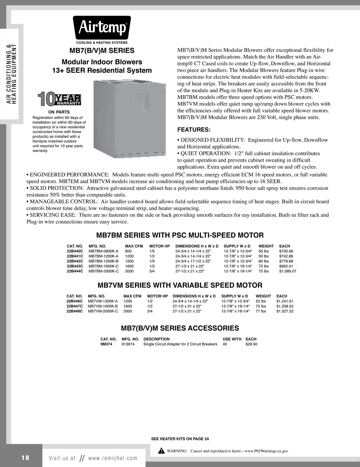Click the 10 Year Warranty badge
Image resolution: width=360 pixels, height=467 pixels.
pyautogui.click(x=59, y=100)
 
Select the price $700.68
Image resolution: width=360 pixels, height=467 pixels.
pyautogui.click(x=286, y=251)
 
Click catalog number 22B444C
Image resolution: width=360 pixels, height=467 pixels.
pyautogui.click(x=75, y=271)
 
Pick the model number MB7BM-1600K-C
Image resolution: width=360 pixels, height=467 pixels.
pyautogui.click(x=103, y=266)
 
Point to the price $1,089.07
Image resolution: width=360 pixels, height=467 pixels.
pyautogui.click(x=287, y=271)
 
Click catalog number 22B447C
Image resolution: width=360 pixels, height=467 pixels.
pyautogui.click(x=74, y=306)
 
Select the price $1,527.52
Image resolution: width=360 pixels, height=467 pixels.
pyautogui.click(x=285, y=311)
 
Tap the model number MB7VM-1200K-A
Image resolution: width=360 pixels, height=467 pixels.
pyautogui.click(x=103, y=301)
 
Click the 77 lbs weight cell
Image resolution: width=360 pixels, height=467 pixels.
pyautogui.click(x=261, y=311)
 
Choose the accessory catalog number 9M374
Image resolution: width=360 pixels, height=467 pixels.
pyautogui.click(x=106, y=344)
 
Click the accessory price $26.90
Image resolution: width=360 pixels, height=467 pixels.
pyautogui.click(x=251, y=344)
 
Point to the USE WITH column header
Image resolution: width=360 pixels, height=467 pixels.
pyautogui.click(x=232, y=339)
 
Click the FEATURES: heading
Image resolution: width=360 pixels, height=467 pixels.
pyautogui.click(x=194, y=130)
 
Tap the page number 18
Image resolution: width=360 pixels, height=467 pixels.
pyautogui.click(x=25, y=458)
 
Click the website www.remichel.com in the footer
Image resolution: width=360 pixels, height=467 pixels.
pyautogui.click(x=112, y=458)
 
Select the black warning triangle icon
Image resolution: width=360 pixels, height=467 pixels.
pyautogui.click(x=161, y=451)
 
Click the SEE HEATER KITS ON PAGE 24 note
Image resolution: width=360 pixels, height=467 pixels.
pyautogui.click(x=180, y=439)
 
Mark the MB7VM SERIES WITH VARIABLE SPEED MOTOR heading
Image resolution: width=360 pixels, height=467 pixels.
pyautogui.click(x=180, y=285)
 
